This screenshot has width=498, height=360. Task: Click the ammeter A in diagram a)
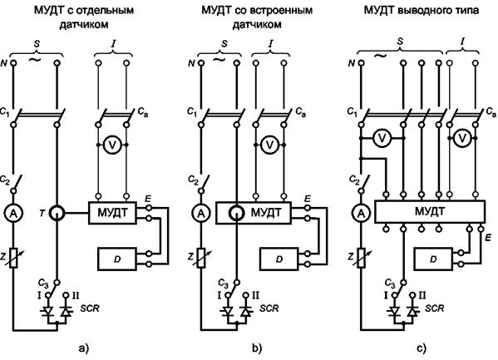click(13, 214)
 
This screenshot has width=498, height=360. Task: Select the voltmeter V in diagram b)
click(269, 145)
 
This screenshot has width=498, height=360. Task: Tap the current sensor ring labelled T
click(57, 213)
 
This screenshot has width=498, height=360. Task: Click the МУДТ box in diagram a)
click(112, 213)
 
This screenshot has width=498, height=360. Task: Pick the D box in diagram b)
click(279, 259)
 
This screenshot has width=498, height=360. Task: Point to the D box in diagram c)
click(433, 259)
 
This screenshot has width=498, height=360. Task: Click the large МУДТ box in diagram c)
click(430, 212)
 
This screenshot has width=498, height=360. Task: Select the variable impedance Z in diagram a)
click(13, 258)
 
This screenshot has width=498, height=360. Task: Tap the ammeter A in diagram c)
click(361, 214)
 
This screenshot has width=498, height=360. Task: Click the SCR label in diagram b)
click(269, 308)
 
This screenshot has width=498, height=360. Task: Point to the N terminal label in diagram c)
click(352, 63)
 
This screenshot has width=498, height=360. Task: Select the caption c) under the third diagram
click(422, 348)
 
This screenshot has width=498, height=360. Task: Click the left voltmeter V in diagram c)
click(382, 138)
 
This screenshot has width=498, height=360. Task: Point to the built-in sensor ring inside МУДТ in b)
click(237, 213)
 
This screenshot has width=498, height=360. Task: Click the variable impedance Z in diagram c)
click(361, 258)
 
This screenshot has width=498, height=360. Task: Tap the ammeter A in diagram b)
click(200, 214)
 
